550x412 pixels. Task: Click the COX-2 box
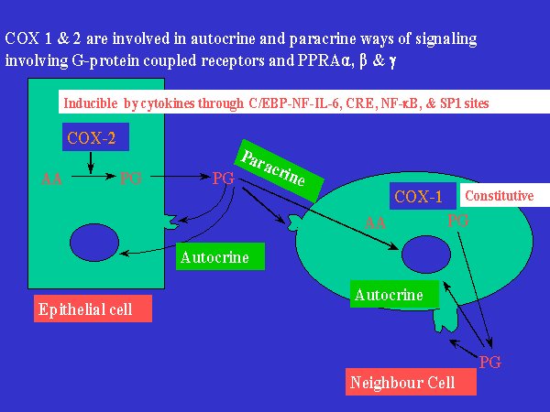[x=95, y=137]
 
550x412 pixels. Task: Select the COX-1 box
[x=423, y=196]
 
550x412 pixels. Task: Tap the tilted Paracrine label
[x=280, y=170]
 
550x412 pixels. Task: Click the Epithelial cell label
[x=93, y=309]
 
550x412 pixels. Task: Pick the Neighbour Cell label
[x=411, y=382]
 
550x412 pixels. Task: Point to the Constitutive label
[x=504, y=196]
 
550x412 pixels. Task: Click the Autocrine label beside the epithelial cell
[x=220, y=256]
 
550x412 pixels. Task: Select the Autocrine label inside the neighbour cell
[x=394, y=294]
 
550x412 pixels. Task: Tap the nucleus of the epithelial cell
[x=94, y=243]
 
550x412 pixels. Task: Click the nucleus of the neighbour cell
[x=426, y=255]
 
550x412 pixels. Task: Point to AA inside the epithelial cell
[x=51, y=179]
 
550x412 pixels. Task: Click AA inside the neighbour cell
[x=375, y=222]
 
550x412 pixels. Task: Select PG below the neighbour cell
[x=490, y=362]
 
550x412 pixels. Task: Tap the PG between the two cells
[x=223, y=179]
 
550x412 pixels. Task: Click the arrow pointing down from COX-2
[x=91, y=163]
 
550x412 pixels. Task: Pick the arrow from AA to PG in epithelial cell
[x=93, y=176]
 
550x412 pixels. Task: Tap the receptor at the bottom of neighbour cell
[x=445, y=319]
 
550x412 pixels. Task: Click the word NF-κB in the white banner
[x=401, y=103]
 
